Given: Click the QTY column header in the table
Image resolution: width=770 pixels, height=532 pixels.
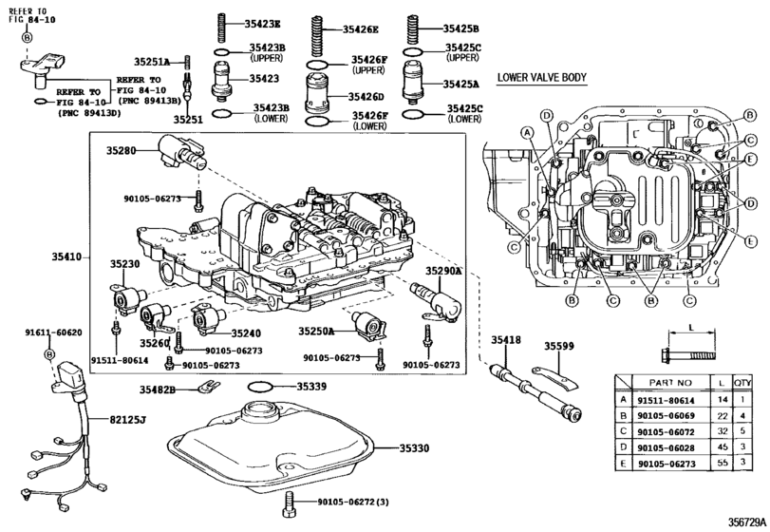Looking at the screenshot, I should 743,383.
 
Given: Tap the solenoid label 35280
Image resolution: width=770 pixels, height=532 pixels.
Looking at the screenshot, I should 122,151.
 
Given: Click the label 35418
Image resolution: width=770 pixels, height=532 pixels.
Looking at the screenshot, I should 506,339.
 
